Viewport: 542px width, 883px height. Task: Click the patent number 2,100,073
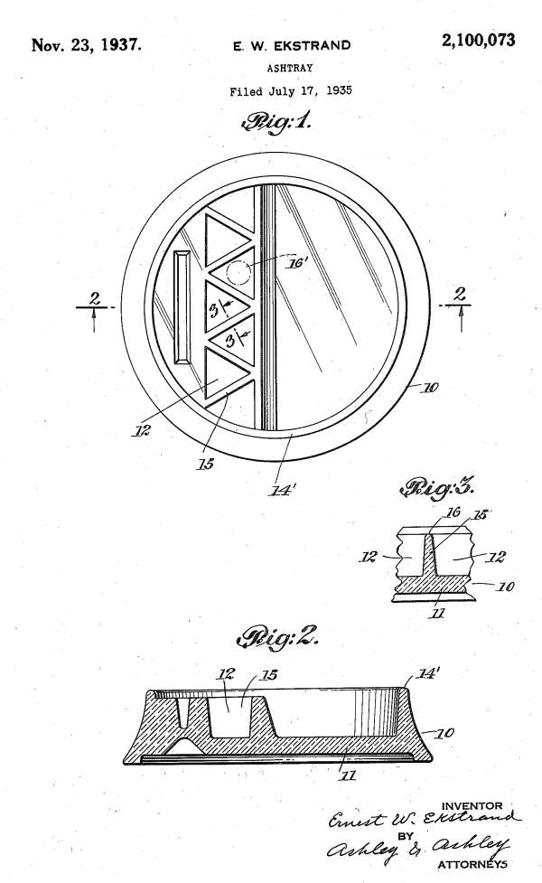point(478,41)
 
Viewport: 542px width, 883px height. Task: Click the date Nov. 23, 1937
point(86,44)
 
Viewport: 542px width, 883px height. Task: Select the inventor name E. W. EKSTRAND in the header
point(292,46)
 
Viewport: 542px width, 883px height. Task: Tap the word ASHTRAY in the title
point(290,68)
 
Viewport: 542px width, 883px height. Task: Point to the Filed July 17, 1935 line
point(290,90)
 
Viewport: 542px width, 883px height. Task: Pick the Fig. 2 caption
point(277,637)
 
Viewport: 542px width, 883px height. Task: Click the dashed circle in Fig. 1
point(238,273)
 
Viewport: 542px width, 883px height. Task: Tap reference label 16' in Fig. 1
point(298,263)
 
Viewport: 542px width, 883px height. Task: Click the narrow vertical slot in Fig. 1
point(182,309)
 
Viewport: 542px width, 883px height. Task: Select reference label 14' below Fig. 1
point(281,490)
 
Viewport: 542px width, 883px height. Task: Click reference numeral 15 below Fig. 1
point(205,464)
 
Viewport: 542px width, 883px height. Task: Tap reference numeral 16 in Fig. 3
point(453,512)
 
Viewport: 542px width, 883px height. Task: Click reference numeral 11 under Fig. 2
point(349,775)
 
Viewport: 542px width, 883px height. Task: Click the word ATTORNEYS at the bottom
point(472,864)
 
